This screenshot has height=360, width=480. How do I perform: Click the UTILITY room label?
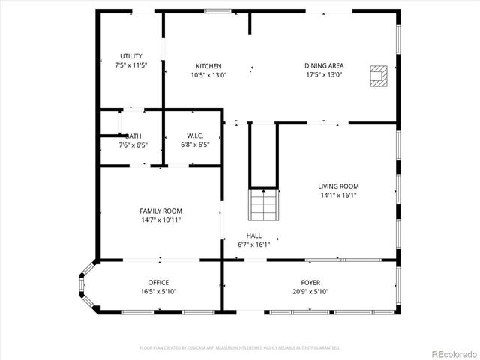point(132,56)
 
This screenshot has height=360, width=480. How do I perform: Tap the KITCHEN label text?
point(208,65)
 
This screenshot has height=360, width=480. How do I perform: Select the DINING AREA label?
point(324,65)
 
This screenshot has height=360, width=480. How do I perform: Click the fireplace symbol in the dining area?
point(379,75)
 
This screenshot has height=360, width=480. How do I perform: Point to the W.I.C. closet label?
point(195,136)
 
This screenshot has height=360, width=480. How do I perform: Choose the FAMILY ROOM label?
point(160,211)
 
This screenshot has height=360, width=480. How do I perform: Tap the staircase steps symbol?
point(263,204)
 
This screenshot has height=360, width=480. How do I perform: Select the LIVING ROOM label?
point(338,186)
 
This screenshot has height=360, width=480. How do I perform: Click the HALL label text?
point(253,235)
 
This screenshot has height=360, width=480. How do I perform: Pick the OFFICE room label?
point(158,283)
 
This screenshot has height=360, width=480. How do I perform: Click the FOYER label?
point(310,283)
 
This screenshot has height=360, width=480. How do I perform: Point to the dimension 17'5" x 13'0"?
point(324,74)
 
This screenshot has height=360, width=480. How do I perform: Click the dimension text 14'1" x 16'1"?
point(338,195)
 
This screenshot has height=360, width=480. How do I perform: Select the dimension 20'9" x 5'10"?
point(310,292)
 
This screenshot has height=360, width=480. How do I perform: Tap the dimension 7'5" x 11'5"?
point(132,65)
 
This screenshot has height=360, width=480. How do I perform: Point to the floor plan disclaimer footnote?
point(240,348)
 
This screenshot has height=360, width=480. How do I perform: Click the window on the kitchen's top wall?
point(217,11)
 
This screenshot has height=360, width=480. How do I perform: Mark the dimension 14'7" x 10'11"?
point(160,220)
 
